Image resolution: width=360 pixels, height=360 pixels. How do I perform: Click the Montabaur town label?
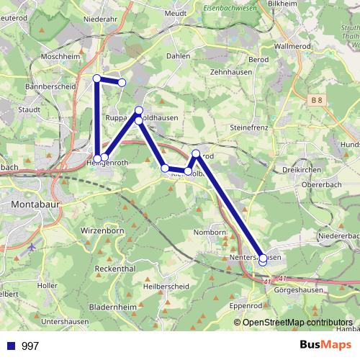35,204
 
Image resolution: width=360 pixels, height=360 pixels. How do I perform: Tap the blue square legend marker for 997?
11,346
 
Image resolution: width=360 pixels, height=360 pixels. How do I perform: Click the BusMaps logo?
324,345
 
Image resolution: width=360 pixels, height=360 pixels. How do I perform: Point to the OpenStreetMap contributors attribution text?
297,322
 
